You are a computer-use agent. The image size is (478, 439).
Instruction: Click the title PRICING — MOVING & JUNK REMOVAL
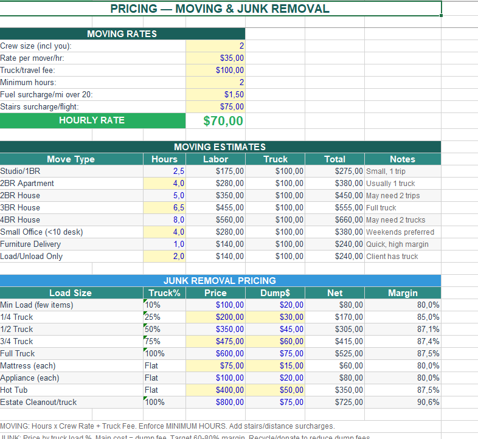[220, 9]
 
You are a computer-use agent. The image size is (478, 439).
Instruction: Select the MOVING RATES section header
[122, 34]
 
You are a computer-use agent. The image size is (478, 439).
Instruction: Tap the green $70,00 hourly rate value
[223, 120]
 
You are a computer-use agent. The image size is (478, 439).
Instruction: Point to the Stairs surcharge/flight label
[40, 107]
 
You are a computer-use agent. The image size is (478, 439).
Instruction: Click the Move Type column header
[71, 159]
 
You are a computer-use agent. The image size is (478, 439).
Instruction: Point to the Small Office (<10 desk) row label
[41, 232]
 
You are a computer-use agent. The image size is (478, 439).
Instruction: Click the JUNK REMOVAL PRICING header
[220, 281]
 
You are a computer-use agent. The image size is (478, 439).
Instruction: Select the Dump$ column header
[275, 293]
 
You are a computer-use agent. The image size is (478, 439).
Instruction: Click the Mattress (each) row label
[28, 366]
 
